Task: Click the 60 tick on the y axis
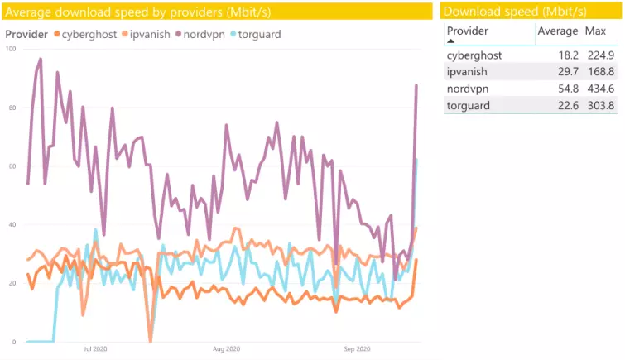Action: (12, 166)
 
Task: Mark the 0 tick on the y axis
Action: (14, 342)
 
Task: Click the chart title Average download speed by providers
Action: (137, 12)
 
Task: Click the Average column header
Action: (557, 31)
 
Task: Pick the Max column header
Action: (595, 31)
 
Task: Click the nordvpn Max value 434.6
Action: (600, 88)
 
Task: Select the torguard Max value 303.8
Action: (600, 104)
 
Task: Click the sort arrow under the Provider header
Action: (450, 41)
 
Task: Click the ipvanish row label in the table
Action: (468, 72)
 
